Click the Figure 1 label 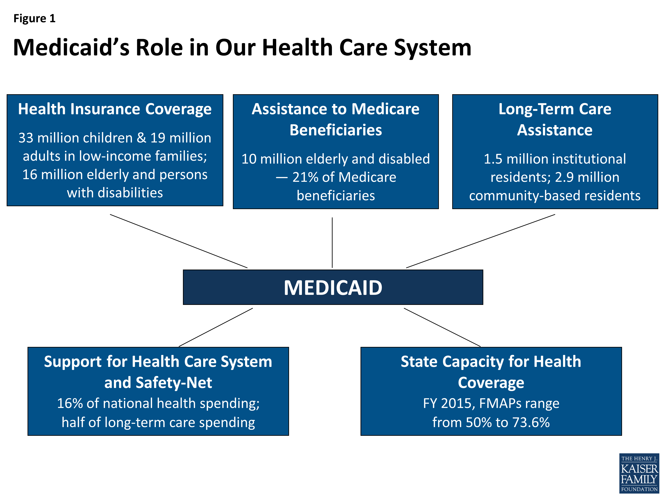click(x=34, y=19)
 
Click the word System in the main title click(x=432, y=48)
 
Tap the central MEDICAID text click(x=333, y=288)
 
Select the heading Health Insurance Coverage click(x=115, y=109)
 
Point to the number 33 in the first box click(x=26, y=138)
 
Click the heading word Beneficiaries click(x=335, y=130)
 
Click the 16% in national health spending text click(x=70, y=404)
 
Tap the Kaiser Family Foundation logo click(x=639, y=474)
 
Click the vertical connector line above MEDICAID click(x=332, y=243)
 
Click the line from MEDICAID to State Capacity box click(x=442, y=327)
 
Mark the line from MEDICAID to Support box click(x=216, y=327)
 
